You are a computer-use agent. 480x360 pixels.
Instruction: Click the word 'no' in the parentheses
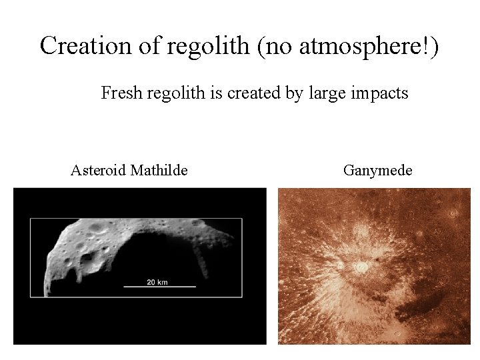tap(279, 47)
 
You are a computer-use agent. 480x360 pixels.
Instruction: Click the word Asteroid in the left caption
tap(98, 171)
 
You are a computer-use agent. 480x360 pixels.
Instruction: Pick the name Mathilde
tap(159, 171)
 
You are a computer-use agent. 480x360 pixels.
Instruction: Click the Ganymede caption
tap(377, 171)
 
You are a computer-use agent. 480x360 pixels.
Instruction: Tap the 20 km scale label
tap(157, 282)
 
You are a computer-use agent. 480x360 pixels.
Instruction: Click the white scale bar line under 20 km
tap(160, 287)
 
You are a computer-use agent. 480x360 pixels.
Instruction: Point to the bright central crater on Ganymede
tap(361, 267)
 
